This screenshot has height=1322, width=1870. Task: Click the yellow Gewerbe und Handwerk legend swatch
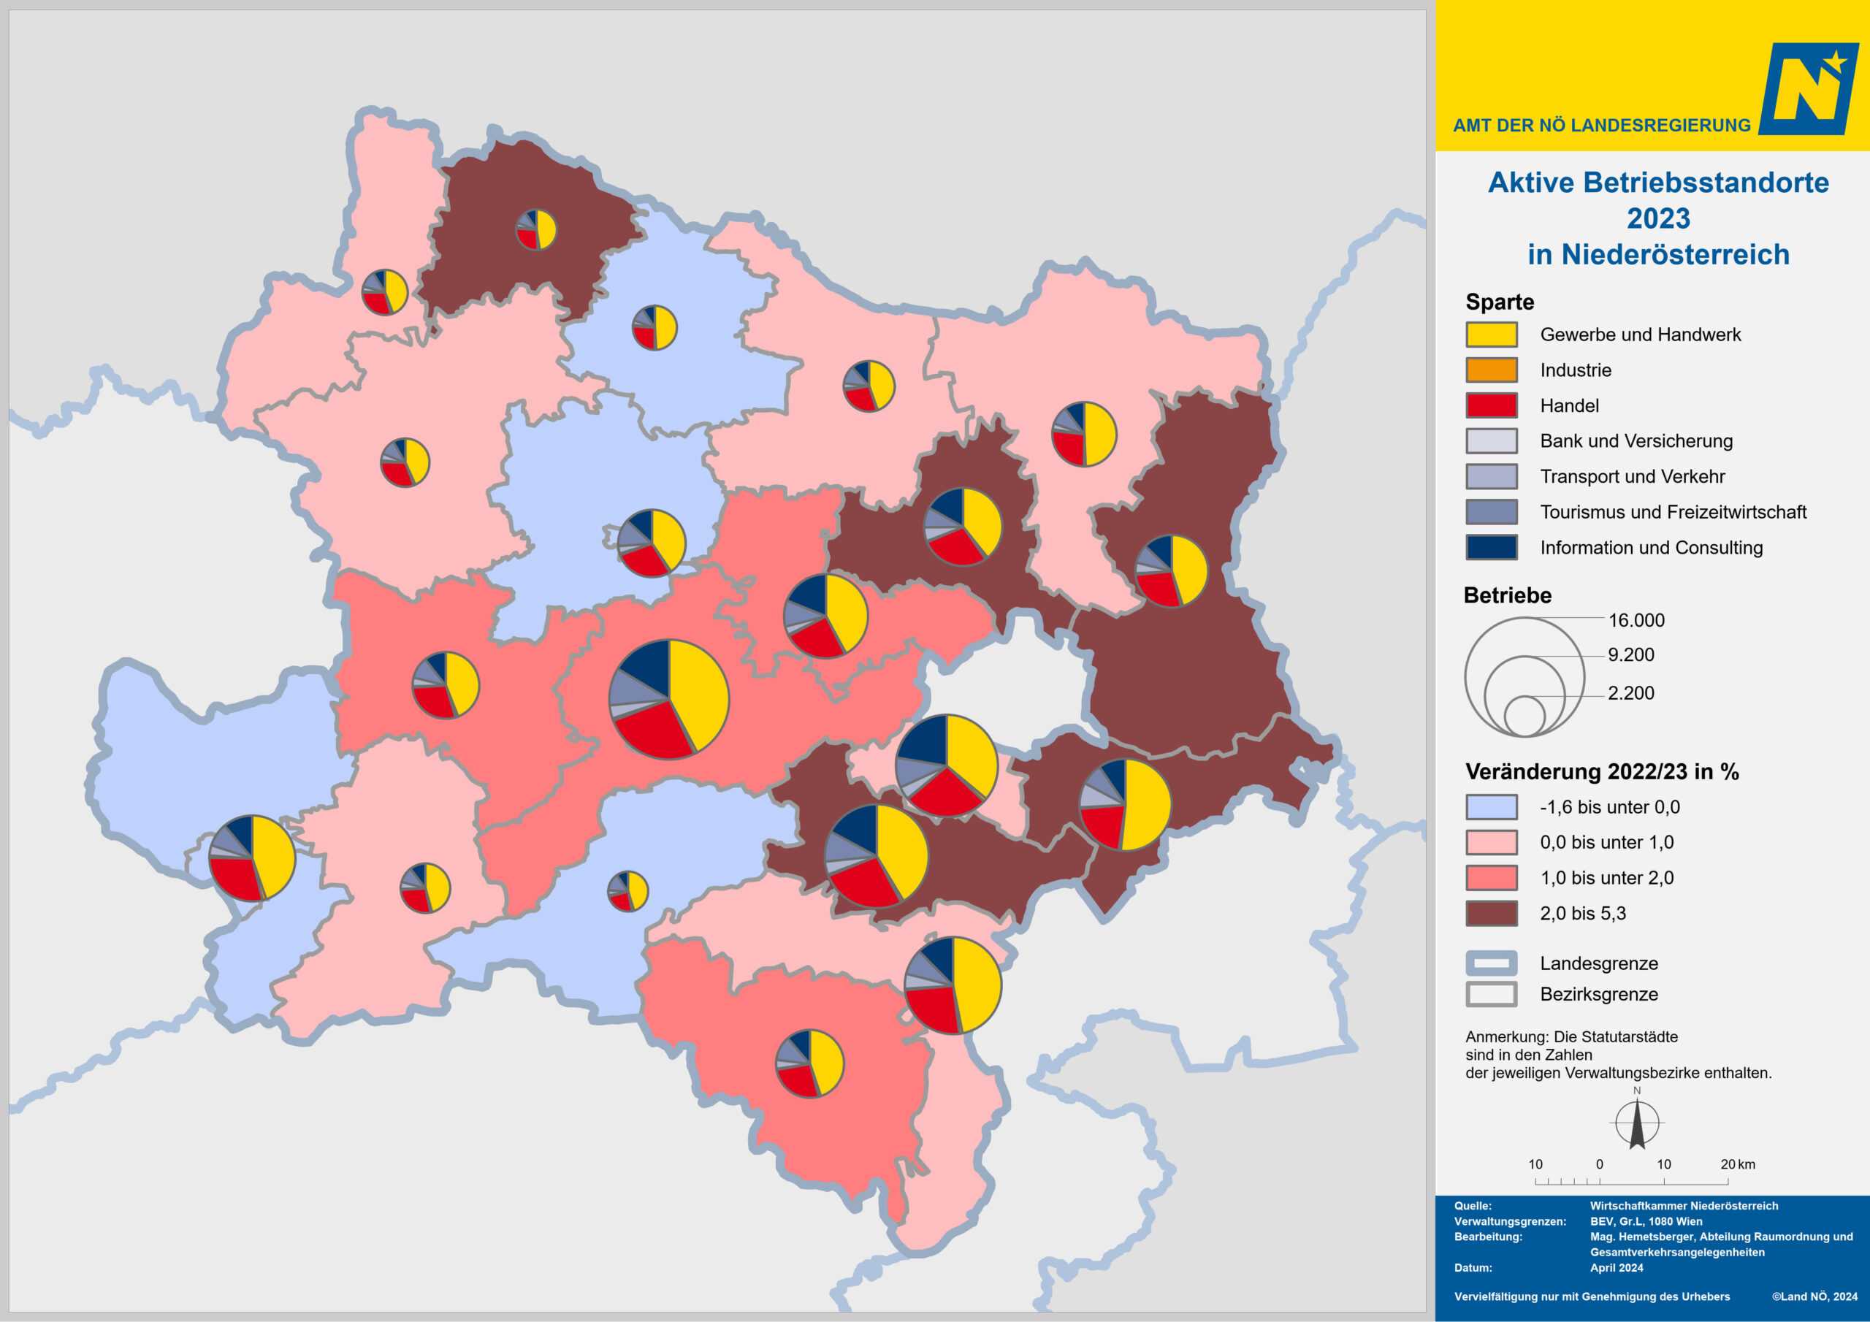(1492, 335)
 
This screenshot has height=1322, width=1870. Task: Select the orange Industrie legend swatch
(1492, 370)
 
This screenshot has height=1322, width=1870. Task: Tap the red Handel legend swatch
(1492, 405)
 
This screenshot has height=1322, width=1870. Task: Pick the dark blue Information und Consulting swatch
(1492, 547)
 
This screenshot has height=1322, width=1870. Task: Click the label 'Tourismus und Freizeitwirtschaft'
(1672, 512)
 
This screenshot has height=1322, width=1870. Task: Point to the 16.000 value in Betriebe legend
(1636, 620)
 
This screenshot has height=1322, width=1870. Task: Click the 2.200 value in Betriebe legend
(1630, 693)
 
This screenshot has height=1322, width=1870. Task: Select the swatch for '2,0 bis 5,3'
(1492, 913)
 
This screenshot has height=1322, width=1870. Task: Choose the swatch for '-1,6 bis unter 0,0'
(1492, 807)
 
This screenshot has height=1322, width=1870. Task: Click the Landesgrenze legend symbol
(1492, 963)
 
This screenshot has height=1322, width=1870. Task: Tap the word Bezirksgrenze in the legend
(1598, 995)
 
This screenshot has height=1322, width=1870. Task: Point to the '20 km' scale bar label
(1737, 1165)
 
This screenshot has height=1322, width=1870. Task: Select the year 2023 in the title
(1658, 218)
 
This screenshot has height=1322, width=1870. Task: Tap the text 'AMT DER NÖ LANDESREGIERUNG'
(1601, 126)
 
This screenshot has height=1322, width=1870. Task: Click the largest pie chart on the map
(668, 699)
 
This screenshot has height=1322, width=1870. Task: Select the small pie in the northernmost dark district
(536, 229)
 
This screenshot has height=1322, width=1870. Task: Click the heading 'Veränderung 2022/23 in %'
(1601, 771)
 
